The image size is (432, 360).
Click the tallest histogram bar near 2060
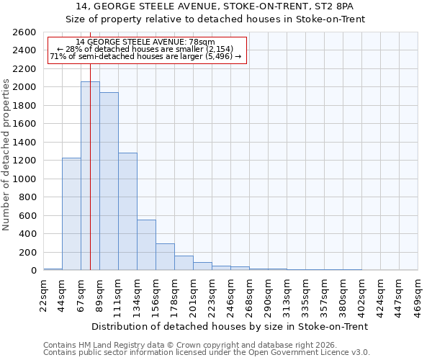point(90,176)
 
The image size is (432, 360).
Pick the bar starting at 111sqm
point(127,212)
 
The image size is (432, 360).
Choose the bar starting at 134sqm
point(146,245)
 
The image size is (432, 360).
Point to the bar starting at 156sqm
point(165,257)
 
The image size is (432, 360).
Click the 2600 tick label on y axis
point(24,32)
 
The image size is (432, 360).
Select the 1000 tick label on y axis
point(24,179)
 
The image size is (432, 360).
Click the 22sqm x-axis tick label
point(44,294)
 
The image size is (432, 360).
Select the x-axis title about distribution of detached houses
point(230,326)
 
